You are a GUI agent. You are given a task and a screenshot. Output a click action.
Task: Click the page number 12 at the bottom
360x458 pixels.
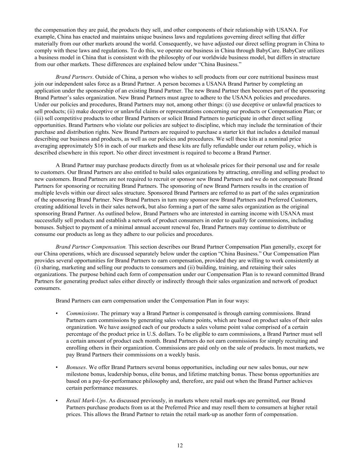point(180,445)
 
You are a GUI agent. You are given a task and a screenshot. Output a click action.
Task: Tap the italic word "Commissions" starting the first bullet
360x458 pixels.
point(82,313)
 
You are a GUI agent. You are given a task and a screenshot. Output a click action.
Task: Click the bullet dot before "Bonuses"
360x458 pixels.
point(57,367)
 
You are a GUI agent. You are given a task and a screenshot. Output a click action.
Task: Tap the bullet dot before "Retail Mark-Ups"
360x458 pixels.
point(57,401)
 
